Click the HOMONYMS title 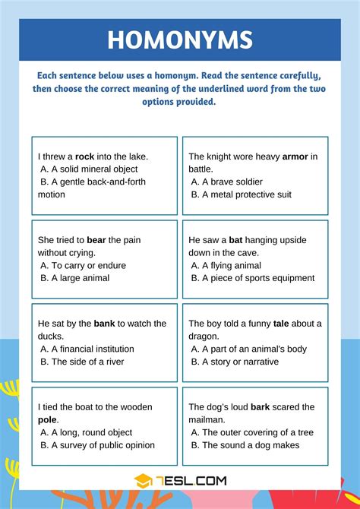[180, 40]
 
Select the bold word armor [295, 156]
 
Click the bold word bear [96, 240]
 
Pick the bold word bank [104, 324]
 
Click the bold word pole [48, 420]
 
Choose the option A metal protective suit [246, 195]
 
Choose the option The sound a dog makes [250, 446]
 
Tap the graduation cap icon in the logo [144, 480]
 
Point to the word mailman [209, 420]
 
